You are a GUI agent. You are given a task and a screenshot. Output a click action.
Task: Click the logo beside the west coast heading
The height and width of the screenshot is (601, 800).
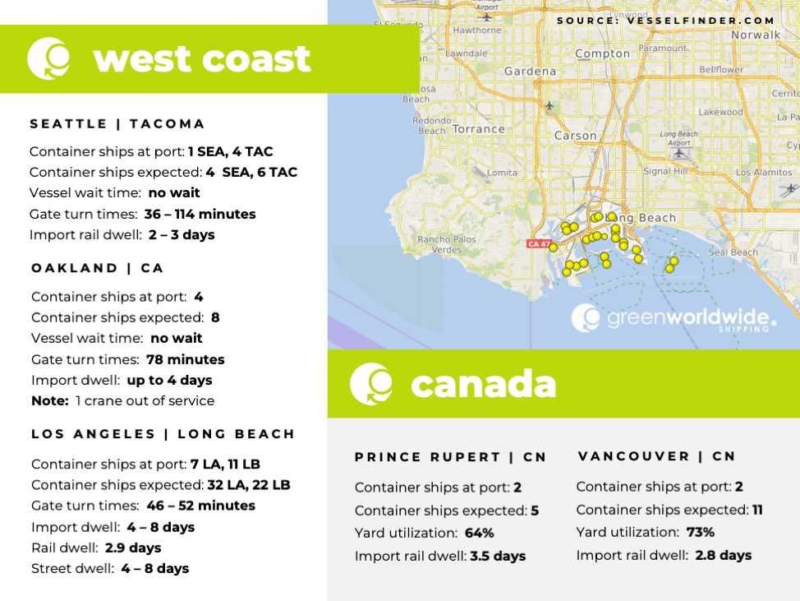pos(48,59)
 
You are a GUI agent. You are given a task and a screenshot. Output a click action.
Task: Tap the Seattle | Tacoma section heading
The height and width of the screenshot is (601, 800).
pos(117,124)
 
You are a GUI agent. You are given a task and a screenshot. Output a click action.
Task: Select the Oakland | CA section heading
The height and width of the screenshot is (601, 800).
pos(98,268)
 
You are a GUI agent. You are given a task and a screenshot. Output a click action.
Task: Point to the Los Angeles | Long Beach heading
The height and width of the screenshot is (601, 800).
pos(163,434)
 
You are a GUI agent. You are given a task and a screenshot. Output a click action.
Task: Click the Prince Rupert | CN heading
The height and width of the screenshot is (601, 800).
pos(450,457)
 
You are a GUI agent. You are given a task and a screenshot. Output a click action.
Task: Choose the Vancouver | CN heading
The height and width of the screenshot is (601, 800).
pos(656,456)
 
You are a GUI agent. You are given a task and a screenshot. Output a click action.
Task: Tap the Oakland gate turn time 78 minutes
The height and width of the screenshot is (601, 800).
pos(185,359)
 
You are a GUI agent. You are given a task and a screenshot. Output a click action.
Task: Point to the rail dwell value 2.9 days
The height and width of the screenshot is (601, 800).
pos(132,548)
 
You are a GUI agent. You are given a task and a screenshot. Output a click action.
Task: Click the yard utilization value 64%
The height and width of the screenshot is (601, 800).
pos(480,533)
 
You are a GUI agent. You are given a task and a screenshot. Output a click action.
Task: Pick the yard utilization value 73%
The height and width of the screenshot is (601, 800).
pos(701,532)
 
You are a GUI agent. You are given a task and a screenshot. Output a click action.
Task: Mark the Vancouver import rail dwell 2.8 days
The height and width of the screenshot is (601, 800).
pos(723,555)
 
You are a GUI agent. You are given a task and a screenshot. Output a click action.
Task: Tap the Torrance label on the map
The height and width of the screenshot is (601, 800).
pos(478,129)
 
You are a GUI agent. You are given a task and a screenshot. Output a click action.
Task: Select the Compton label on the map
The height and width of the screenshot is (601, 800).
pos(602,54)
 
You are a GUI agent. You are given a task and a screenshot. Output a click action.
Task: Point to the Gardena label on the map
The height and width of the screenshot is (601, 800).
pos(530,72)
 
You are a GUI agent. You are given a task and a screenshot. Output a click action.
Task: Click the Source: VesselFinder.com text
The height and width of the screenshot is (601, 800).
pos(665,21)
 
